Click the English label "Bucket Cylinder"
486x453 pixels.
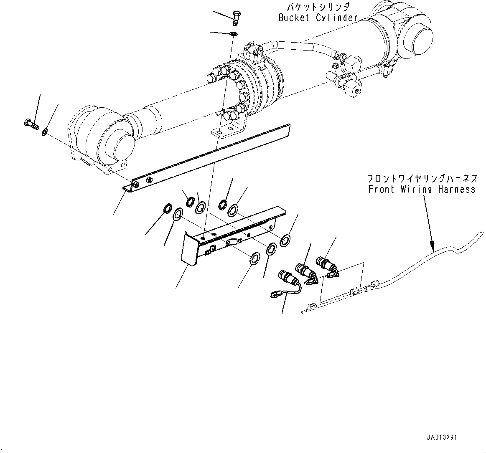point(318,18)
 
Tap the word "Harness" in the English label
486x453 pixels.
point(457,189)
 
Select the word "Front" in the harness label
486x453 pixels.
point(380,189)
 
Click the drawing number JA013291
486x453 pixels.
point(442,438)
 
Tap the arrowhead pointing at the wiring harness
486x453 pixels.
point(433,247)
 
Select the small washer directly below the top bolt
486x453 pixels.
point(234,33)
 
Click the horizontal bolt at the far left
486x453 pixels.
point(30,123)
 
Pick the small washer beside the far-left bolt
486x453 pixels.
point(44,133)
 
